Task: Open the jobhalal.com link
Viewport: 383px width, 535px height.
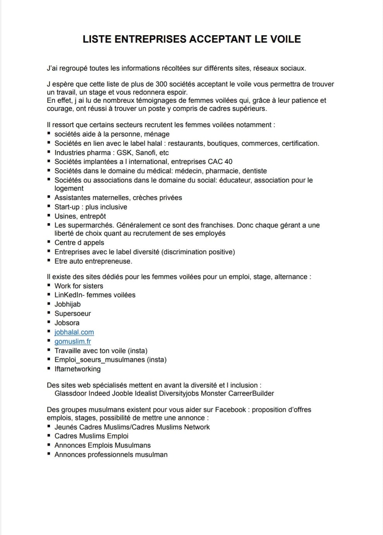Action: click(74, 332)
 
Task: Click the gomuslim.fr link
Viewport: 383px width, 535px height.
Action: click(73, 342)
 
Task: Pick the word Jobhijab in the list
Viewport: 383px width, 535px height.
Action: click(67, 304)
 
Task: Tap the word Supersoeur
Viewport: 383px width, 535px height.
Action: click(72, 314)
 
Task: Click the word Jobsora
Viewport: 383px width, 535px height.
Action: click(67, 323)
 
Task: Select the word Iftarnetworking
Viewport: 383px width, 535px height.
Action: click(77, 369)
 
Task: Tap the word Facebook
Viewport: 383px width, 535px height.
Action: click(230, 410)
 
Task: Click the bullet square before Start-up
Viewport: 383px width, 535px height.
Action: click(49, 207)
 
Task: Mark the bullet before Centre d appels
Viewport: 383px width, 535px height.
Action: click(49, 242)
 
